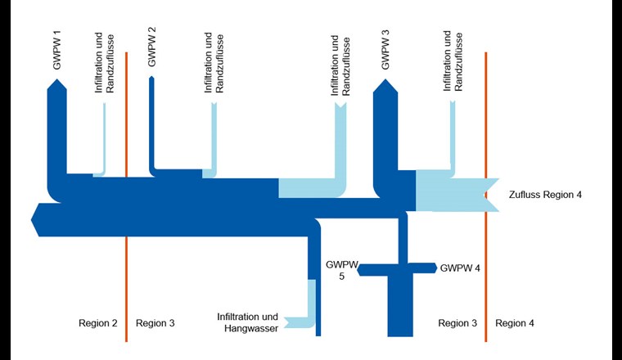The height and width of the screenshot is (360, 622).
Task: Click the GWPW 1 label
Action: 57,50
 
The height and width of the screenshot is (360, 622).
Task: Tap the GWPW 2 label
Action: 151,45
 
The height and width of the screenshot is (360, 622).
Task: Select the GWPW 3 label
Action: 385,50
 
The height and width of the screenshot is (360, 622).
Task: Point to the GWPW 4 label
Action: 460,268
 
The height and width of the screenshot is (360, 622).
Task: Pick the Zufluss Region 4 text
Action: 545,195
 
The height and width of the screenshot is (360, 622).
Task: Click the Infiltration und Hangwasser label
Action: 249,322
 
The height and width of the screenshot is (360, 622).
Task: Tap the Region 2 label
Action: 97,323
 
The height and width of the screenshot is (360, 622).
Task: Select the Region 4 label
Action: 515,323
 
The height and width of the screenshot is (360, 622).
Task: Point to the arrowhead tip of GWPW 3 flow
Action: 385,80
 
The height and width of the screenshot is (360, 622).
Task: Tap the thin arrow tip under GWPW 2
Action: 151,78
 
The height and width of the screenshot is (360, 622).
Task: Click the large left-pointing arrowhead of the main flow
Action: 34,220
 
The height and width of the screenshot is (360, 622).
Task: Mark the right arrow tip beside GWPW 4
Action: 435,267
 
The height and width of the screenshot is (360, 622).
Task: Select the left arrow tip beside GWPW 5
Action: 359,270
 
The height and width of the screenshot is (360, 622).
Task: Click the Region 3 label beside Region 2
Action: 155,323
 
